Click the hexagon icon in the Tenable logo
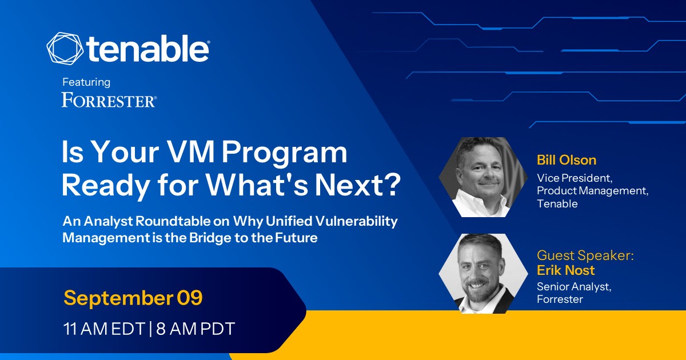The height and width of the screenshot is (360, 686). (65, 49)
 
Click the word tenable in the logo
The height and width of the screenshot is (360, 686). (148, 49)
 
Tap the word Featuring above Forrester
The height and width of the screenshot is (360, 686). (86, 82)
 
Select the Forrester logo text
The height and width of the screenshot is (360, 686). (109, 100)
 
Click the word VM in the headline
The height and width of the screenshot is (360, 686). (191, 152)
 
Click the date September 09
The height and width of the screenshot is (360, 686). (133, 298)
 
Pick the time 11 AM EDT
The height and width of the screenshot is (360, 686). (104, 329)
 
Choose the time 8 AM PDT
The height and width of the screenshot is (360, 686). (196, 329)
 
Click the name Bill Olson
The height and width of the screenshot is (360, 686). (567, 160)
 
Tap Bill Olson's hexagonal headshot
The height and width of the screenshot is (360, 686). (483, 177)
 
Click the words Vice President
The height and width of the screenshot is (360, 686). (575, 178)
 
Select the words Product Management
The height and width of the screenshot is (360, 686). (593, 191)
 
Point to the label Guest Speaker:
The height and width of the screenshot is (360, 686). (585, 255)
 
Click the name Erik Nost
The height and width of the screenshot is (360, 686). (565, 270)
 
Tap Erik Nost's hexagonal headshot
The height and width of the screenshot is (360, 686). (483, 273)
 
